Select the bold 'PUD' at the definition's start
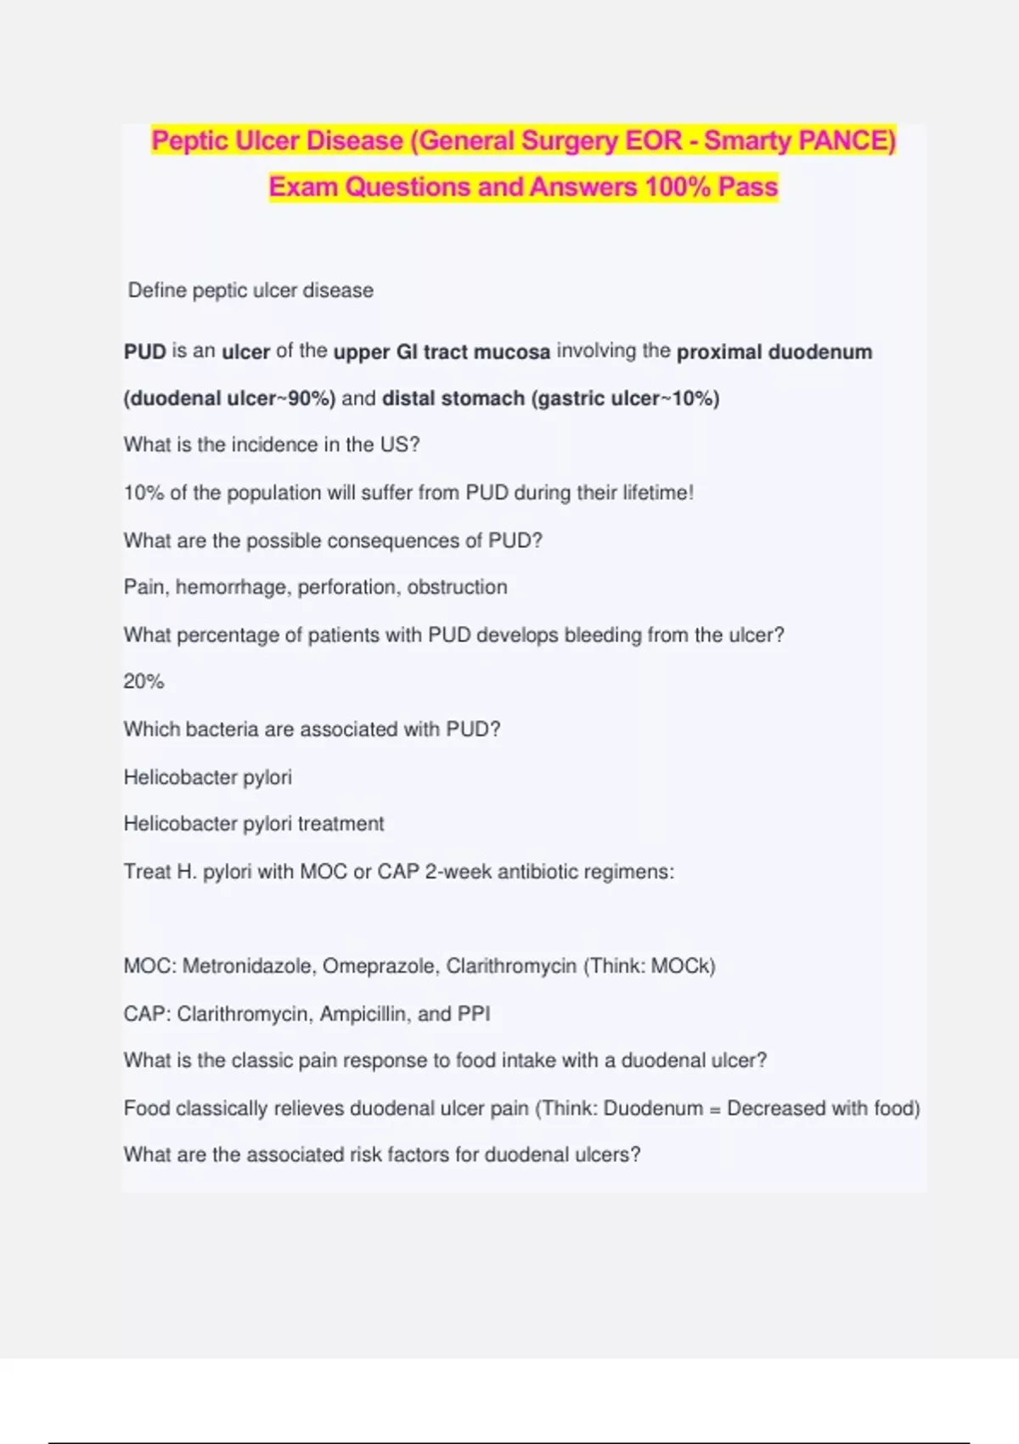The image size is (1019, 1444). (144, 352)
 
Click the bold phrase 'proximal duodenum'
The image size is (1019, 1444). (774, 352)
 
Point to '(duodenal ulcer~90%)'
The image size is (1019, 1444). (229, 398)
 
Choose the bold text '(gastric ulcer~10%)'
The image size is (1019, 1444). (625, 398)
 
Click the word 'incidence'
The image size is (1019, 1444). (244, 445)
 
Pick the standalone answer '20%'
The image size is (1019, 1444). (144, 682)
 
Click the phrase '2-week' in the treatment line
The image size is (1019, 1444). (457, 872)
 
